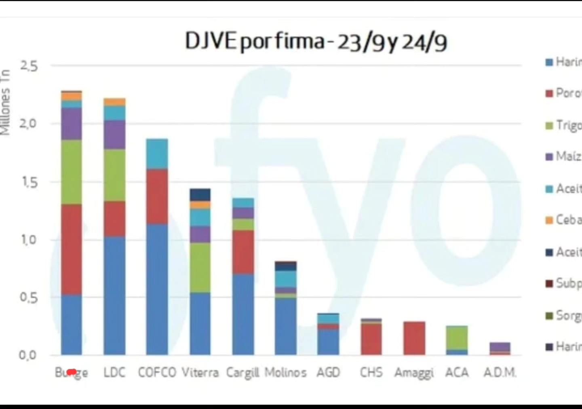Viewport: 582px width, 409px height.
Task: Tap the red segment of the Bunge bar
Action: [72, 249]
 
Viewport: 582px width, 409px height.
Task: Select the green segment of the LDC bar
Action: [114, 175]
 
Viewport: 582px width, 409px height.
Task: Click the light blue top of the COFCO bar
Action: [157, 154]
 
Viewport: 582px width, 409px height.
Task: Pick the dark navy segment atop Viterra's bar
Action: [200, 194]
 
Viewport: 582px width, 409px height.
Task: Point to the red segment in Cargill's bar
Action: [243, 252]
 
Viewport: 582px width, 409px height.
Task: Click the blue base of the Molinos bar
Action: [286, 327]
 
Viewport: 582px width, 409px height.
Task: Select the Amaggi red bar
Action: [414, 338]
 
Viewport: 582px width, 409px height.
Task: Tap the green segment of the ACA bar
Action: [457, 337]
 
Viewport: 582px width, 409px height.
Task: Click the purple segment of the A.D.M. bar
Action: [500, 347]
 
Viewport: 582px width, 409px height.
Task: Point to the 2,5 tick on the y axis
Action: [29, 66]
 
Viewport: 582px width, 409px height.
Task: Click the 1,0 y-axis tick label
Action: [29, 240]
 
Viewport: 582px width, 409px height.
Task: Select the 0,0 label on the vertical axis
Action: [28, 355]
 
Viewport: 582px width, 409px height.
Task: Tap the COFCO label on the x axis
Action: [157, 372]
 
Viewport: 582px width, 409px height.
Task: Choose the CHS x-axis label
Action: [371, 372]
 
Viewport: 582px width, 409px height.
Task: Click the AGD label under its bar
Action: [328, 372]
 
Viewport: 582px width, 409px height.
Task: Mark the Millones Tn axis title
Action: [5, 102]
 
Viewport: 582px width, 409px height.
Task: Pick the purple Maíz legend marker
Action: [549, 157]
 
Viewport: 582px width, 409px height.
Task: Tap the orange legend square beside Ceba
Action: [549, 220]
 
